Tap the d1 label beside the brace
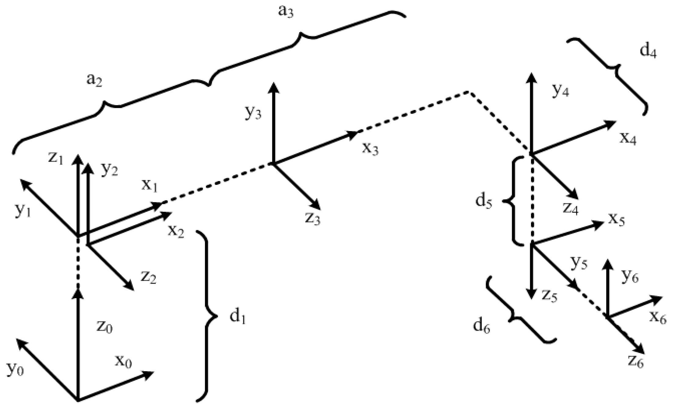[x=238, y=318]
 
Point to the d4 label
[x=648, y=52]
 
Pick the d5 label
[x=484, y=201]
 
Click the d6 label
[x=482, y=326]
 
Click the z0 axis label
[x=104, y=327]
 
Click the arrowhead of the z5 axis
[x=532, y=295]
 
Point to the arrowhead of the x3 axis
[x=354, y=134]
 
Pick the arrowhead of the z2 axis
[x=130, y=287]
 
